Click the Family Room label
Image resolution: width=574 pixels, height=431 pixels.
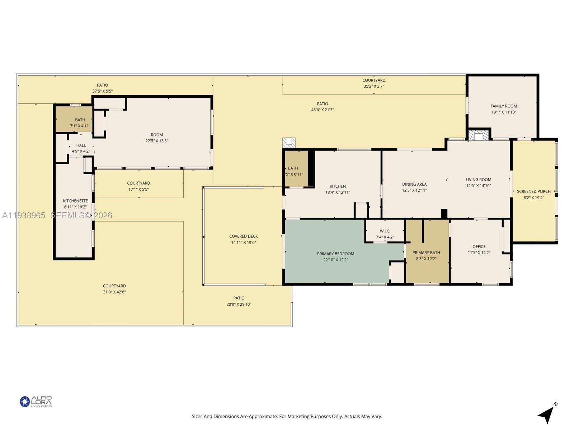point(504,106)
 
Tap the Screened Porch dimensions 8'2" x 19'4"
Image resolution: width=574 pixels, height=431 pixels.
point(534,198)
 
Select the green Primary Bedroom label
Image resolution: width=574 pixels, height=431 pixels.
point(335,254)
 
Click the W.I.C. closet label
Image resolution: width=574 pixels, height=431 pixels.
point(385,231)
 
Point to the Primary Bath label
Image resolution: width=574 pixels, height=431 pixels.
point(426,252)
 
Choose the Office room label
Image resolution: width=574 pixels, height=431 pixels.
point(479,246)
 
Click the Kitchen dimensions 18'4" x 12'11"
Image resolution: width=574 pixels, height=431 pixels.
point(338,192)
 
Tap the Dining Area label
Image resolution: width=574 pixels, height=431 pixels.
point(414,184)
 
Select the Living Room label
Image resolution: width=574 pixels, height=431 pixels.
point(479,180)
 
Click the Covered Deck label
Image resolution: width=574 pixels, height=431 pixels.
point(244,236)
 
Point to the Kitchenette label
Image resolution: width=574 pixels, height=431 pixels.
point(75,201)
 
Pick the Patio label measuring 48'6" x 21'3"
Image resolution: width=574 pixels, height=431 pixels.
point(322,104)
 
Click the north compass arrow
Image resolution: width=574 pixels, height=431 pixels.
point(546,414)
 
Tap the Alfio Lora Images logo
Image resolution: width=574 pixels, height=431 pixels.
point(36,402)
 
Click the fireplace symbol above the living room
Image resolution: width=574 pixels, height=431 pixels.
point(479,136)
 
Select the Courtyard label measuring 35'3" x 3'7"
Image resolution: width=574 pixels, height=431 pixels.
point(374,80)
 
